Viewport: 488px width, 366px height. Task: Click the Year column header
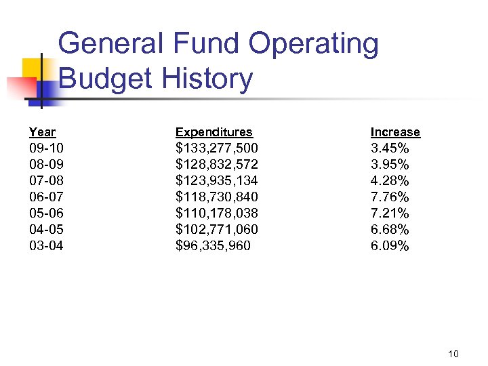[x=42, y=132]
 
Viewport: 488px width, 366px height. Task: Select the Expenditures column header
[x=213, y=132]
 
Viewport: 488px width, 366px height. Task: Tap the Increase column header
[x=395, y=132]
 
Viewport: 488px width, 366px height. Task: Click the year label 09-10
[x=46, y=148]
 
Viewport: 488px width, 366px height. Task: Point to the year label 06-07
[x=46, y=197]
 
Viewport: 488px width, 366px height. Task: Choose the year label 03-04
[x=46, y=245]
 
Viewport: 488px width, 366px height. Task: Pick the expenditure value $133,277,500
[x=217, y=148]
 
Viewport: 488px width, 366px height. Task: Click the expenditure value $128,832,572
[x=217, y=164]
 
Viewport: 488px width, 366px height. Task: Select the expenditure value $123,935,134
[x=217, y=180]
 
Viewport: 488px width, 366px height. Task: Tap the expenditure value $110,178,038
[x=217, y=213]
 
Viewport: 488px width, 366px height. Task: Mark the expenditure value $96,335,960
[x=213, y=245]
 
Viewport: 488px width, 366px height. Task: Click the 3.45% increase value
[x=390, y=148]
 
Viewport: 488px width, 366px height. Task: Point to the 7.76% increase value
[x=390, y=197]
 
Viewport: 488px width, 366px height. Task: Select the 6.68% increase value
[x=390, y=229]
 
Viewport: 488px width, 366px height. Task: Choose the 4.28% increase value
[x=390, y=180]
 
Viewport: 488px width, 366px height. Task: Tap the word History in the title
[x=207, y=79]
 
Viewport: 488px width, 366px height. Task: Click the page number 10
[x=453, y=354]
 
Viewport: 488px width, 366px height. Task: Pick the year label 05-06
[x=46, y=213]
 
